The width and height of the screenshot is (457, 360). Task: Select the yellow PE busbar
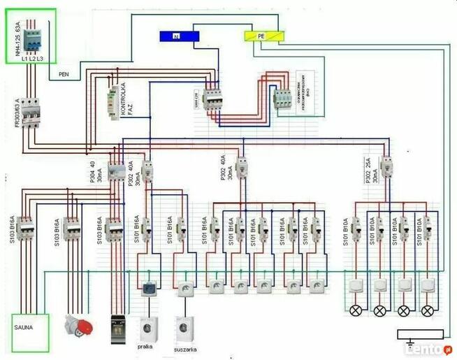(x=262, y=36)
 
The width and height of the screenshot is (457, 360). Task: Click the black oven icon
(x=117, y=328)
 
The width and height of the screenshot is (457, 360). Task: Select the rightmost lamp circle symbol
(x=427, y=310)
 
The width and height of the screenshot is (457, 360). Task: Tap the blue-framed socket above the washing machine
(x=149, y=288)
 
